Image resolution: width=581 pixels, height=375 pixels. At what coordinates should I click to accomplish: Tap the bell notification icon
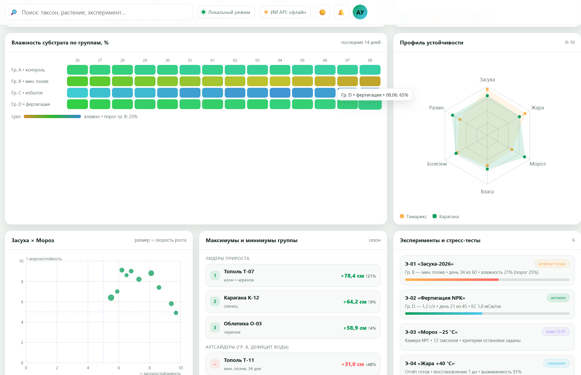[x=341, y=12]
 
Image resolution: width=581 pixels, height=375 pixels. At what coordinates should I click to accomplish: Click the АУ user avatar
[x=360, y=12]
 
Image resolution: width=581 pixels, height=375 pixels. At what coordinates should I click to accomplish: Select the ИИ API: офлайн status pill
[x=285, y=12]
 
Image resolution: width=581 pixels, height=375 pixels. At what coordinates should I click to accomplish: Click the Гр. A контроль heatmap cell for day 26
[x=77, y=70]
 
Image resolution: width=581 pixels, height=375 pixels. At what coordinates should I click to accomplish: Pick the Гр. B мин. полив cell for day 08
[x=370, y=81]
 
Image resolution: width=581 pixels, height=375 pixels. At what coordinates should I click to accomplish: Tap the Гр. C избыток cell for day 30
[x=168, y=93]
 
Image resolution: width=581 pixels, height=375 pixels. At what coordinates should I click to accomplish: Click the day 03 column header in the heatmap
[x=257, y=60]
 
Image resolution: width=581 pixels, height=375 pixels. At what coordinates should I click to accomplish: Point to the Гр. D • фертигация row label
[x=31, y=104]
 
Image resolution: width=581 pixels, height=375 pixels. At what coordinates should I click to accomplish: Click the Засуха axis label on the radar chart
[x=487, y=80]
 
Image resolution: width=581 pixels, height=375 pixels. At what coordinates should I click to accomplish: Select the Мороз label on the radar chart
[x=537, y=164]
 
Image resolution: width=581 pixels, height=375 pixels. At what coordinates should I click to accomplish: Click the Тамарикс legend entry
[x=413, y=217]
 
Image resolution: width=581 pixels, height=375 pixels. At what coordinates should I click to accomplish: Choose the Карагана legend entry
[x=446, y=217]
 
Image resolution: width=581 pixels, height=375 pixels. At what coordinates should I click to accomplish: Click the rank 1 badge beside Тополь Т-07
[x=215, y=275]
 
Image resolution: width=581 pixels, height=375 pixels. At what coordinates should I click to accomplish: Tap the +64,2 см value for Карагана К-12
[x=355, y=302]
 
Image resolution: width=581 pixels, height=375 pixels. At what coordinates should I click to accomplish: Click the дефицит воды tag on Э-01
[x=552, y=264]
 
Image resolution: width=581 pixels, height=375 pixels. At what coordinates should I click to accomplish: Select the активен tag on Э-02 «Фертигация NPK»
[x=558, y=298]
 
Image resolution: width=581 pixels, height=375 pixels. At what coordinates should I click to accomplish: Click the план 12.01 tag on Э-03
[x=555, y=332]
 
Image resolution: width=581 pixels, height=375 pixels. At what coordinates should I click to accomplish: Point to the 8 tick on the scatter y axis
[x=22, y=281]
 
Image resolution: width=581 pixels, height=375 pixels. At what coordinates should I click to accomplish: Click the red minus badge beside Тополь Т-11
[x=215, y=364]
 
